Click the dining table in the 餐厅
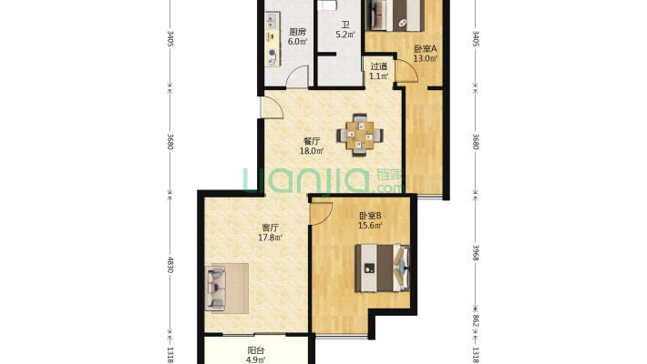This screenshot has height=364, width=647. (x=360, y=135)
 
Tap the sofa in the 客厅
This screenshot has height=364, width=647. (x=215, y=288)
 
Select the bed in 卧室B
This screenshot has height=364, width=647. (x=383, y=268)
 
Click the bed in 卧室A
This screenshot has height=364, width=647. (x=395, y=15)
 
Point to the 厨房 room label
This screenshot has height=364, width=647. (x=297, y=32)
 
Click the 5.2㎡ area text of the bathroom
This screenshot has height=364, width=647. (x=345, y=35)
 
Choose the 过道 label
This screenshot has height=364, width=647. (x=379, y=66)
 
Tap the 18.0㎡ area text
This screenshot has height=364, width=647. (x=312, y=151)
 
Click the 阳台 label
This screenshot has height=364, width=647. (x=256, y=350)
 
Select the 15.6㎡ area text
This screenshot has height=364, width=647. (x=370, y=225)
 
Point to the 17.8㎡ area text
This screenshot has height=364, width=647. (x=271, y=238)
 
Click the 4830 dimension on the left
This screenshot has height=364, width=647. (x=170, y=265)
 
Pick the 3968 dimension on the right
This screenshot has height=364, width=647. (x=476, y=252)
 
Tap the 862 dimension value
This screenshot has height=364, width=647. (x=476, y=320)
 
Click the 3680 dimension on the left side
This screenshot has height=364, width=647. (x=170, y=141)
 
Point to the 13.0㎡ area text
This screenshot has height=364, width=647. (x=426, y=58)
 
